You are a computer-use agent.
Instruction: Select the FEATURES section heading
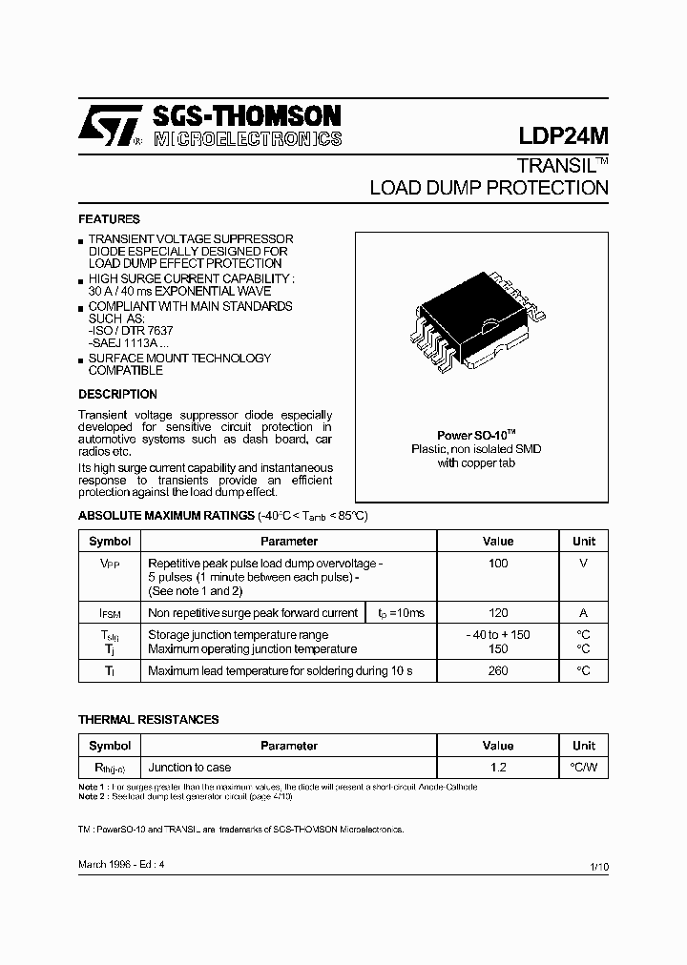[109, 219]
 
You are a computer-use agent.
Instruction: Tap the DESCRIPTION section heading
[117, 394]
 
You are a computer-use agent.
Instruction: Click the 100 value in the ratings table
[497, 564]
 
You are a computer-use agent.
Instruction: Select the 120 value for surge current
[497, 613]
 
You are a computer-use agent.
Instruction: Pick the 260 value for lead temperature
[497, 671]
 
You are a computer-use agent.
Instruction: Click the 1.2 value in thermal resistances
[497, 768]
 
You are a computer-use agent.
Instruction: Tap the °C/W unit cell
[583, 768]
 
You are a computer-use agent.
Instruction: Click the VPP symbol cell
[110, 565]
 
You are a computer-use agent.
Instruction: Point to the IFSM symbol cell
[110, 614]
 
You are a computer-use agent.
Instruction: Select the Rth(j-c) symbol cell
[110, 769]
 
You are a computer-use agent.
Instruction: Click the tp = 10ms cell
[401, 613]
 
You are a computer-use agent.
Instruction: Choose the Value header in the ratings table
[497, 541]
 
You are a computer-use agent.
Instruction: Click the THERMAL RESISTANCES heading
[148, 719]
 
